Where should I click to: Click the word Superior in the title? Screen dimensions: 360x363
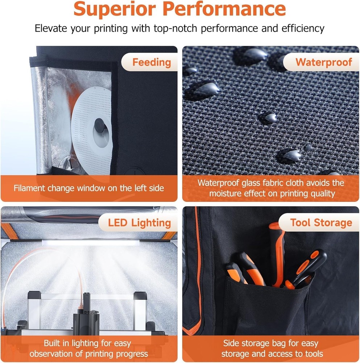pyautogui.click(x=115, y=9)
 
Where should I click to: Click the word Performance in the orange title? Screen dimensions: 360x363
pyautogui.click(x=224, y=9)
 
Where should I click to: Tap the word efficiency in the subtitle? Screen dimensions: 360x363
pyautogui.click(x=303, y=28)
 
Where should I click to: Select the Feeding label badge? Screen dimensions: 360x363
pyautogui.click(x=149, y=62)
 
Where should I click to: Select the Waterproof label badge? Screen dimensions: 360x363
pyautogui.click(x=321, y=62)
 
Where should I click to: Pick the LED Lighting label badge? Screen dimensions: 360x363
pyautogui.click(x=138, y=223)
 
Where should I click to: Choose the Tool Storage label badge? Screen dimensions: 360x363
pyautogui.click(x=319, y=223)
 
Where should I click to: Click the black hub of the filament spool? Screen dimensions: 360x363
pyautogui.click(x=100, y=125)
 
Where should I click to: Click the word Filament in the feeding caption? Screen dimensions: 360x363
pyautogui.click(x=29, y=188)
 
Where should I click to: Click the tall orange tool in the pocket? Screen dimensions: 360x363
pyautogui.click(x=277, y=255)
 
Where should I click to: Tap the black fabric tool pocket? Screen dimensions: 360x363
pyautogui.click(x=266, y=306)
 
